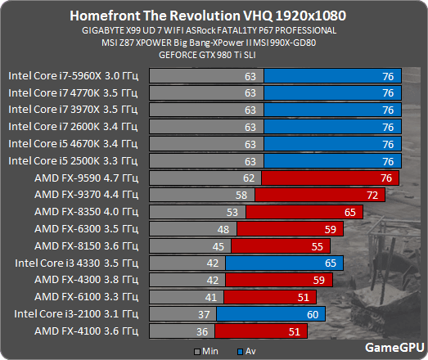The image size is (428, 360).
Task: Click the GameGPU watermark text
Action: click(x=393, y=347)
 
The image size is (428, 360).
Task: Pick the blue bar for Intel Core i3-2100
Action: click(x=270, y=313)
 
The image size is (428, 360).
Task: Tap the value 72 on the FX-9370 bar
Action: click(x=372, y=195)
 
